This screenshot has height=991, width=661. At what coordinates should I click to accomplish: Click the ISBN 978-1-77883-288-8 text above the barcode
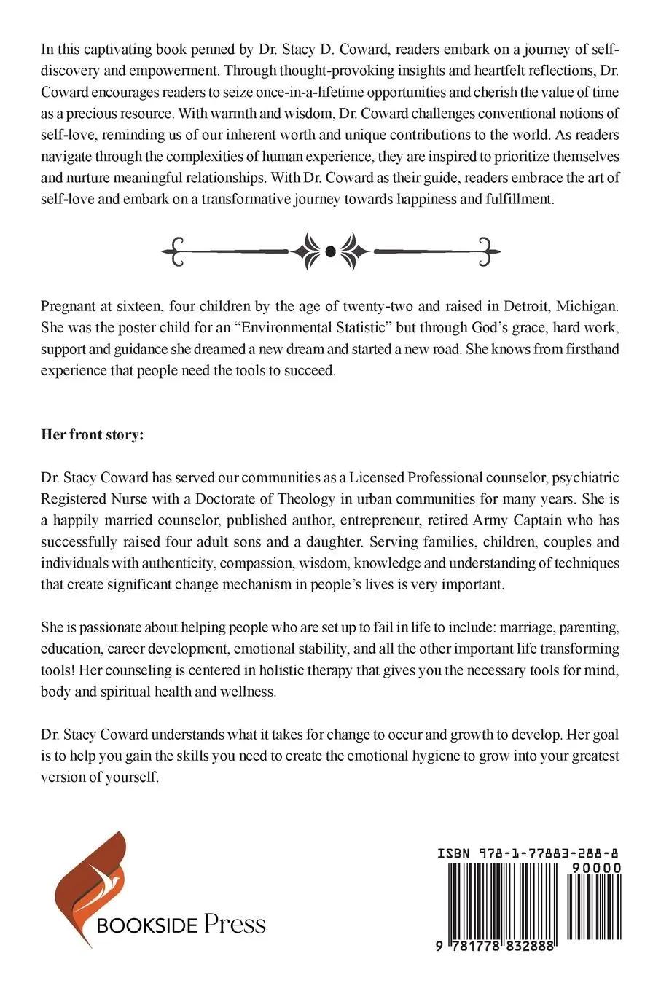(530, 853)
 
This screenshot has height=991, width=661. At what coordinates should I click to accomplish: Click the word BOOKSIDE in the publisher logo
(147, 926)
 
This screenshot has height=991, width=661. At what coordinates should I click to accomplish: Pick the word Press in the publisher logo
(234, 925)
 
